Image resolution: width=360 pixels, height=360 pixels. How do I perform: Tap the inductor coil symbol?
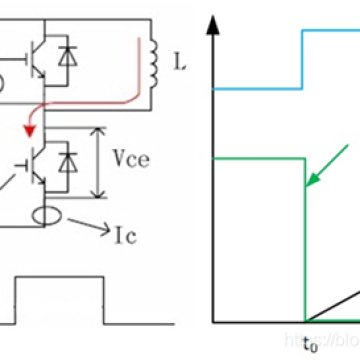pos(153,61)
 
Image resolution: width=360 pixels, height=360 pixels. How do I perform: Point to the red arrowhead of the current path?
pos(31,129)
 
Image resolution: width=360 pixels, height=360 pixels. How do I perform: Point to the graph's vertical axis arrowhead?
pos(212,22)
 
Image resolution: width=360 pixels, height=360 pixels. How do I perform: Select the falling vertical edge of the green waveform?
pos(302,240)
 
